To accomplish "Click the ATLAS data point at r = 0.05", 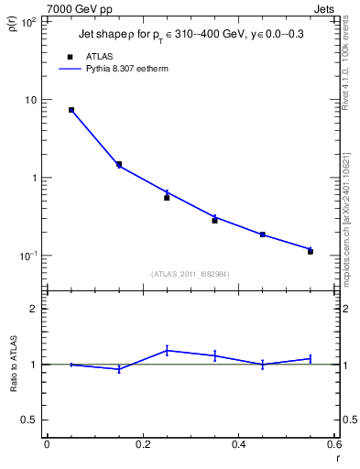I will coord(71,110).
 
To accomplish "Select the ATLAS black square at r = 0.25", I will coord(167,197).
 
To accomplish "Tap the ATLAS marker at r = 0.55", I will coord(311,251).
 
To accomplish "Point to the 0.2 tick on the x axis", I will coord(142,446).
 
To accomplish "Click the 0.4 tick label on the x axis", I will coord(238,446).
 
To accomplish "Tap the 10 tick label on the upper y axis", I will coord(31,100).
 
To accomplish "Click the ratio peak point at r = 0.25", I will coord(167,350).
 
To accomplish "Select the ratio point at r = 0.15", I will coord(119,369).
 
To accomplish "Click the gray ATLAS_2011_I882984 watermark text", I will coord(190,273).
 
